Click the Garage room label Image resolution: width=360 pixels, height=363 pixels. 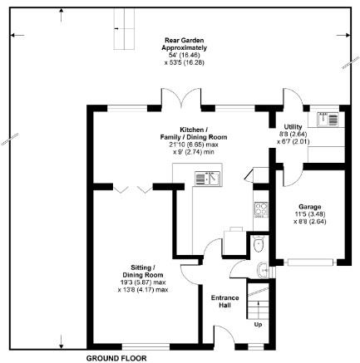[310, 207]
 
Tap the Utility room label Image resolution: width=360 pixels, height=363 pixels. [293, 127]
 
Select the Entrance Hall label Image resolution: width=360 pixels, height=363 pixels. [224, 302]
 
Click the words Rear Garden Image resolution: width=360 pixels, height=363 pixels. [184, 41]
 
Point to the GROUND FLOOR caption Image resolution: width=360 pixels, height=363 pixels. [116, 358]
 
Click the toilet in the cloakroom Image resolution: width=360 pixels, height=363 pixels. [259, 243]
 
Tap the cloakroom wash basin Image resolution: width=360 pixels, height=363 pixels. [262, 270]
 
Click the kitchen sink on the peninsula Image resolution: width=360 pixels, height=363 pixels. [207, 179]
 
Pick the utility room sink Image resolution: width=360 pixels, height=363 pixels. [328, 120]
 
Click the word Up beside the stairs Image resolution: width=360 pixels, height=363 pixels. [258, 325]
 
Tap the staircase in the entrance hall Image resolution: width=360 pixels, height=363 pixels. [258, 301]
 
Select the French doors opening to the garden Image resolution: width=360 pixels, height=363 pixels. [181, 98]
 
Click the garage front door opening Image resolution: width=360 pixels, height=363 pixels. [310, 262]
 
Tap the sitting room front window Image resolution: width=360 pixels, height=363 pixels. [145, 346]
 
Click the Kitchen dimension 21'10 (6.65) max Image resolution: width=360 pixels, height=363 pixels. [194, 145]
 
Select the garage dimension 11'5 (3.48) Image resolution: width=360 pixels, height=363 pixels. [310, 214]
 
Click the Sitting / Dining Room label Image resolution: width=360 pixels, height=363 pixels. [143, 272]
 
